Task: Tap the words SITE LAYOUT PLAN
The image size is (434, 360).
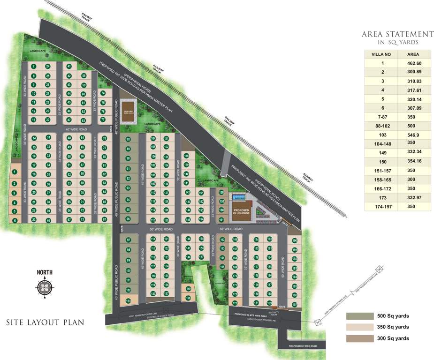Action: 45,322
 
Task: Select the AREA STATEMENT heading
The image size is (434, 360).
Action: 397,34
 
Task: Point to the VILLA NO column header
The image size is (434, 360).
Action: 381,54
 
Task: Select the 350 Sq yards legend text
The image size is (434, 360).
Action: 393,327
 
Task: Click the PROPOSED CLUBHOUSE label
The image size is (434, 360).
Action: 242,212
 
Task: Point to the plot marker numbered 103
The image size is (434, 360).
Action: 128,301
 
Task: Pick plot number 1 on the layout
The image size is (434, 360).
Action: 15,172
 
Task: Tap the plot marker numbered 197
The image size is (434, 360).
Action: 295,305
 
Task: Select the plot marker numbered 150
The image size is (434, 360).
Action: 189,298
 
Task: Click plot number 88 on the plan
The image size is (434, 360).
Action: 128,140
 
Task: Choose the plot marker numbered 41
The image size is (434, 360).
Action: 69,67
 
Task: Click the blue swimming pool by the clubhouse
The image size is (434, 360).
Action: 237,197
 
